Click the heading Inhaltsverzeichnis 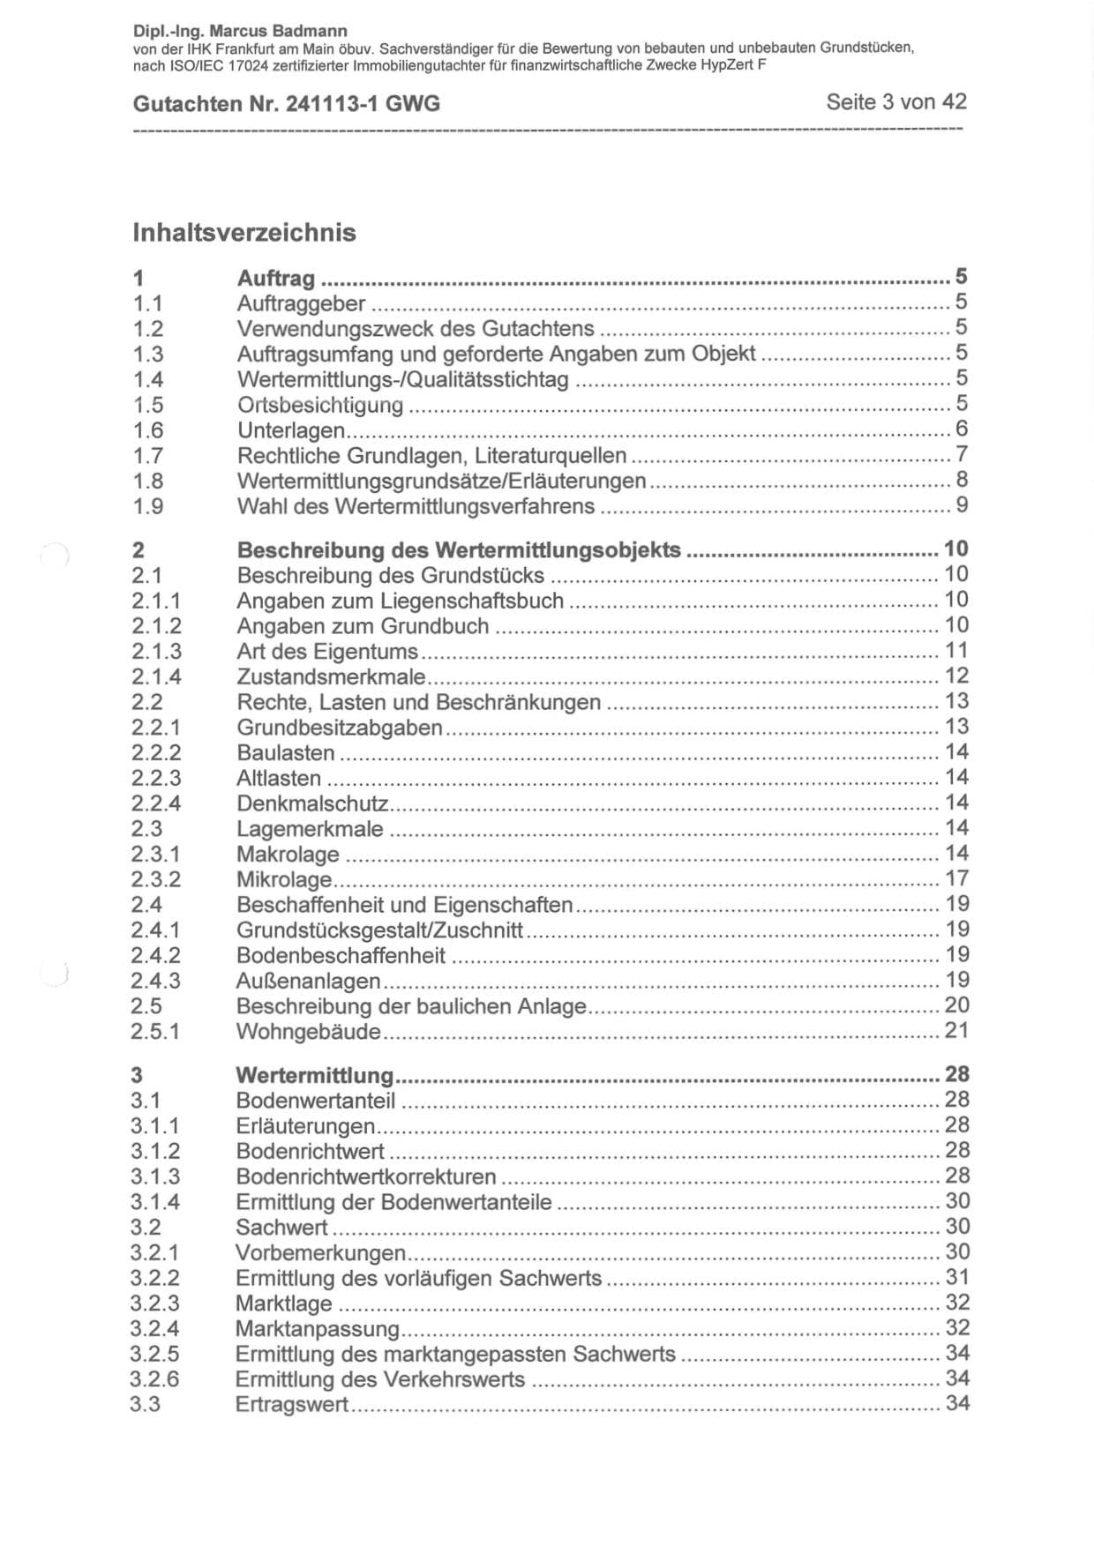(x=244, y=233)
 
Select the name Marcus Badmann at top (x=278, y=32)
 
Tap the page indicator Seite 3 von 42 (x=895, y=102)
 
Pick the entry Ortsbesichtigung (x=320, y=406)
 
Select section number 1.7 (x=148, y=456)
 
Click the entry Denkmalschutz (x=312, y=803)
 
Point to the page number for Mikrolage (x=956, y=878)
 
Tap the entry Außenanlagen (x=308, y=982)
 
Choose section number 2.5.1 (x=155, y=1032)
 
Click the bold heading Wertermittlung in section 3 (x=314, y=1076)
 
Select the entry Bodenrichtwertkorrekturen (x=365, y=1177)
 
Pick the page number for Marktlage (x=957, y=1303)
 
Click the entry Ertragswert (x=292, y=1405)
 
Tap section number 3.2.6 (x=154, y=1379)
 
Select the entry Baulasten (x=286, y=753)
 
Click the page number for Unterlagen (x=962, y=429)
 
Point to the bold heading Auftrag (x=276, y=279)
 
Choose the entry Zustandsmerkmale (x=331, y=677)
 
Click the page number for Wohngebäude (x=956, y=1030)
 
